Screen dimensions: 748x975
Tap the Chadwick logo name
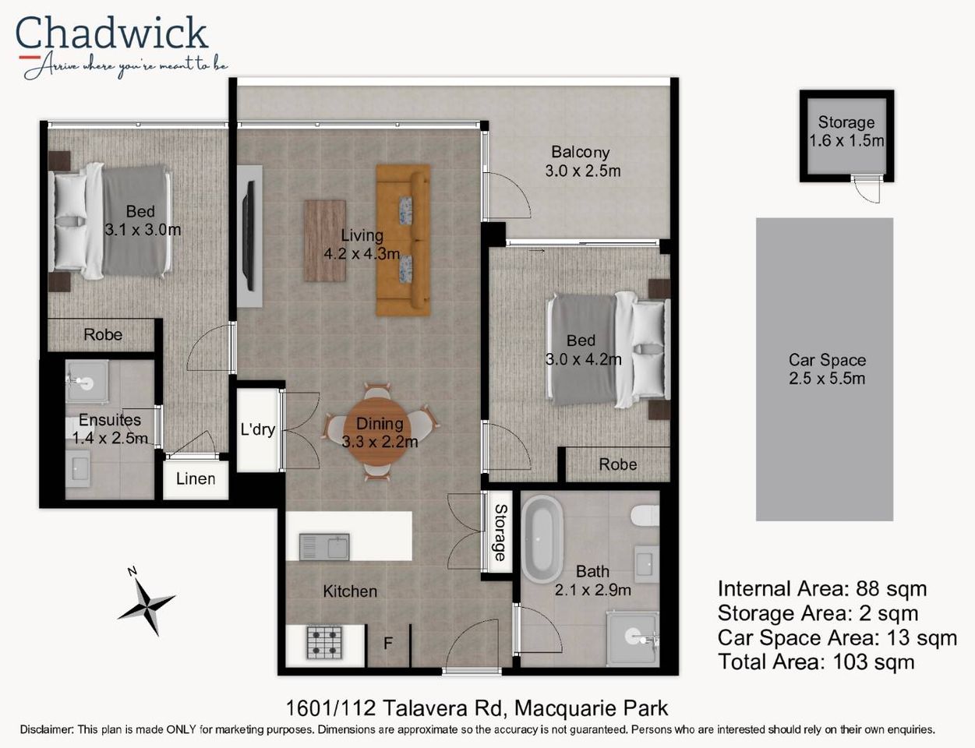[111, 34]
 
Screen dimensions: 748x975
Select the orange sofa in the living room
[403, 239]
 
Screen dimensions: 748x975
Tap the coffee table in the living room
[324, 240]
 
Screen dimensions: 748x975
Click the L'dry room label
[257, 429]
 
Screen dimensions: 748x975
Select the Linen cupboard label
[196, 478]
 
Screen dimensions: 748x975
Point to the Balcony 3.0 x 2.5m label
[582, 161]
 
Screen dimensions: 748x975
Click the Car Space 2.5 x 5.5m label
[826, 369]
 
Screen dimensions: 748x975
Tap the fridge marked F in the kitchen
[387, 644]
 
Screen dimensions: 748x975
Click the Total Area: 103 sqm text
[815, 662]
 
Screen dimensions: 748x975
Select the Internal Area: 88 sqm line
[821, 589]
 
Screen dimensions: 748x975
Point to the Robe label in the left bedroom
[103, 334]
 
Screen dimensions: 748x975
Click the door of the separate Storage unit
[866, 189]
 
